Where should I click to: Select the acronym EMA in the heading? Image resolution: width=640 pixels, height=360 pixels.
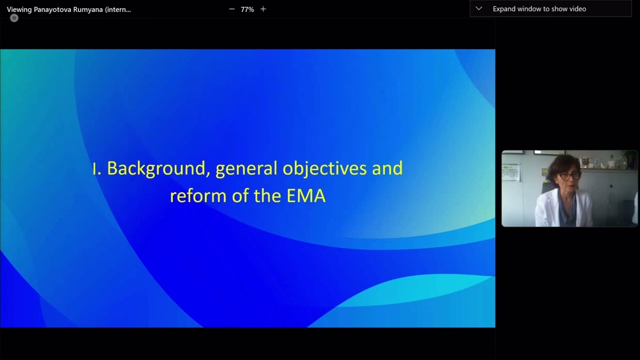pos(306,195)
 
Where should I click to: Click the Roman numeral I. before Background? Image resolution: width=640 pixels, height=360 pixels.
pos(97,168)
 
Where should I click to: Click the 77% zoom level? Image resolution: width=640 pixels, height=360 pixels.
pos(247,9)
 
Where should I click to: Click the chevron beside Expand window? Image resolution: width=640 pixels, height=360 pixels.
pos(478,8)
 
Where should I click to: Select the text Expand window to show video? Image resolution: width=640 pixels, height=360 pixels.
pos(539,8)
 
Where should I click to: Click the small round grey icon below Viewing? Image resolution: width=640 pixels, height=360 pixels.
pos(14,18)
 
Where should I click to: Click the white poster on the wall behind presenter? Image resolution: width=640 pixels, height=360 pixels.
pos(511,172)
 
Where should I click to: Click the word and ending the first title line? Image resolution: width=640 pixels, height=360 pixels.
pos(387,168)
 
